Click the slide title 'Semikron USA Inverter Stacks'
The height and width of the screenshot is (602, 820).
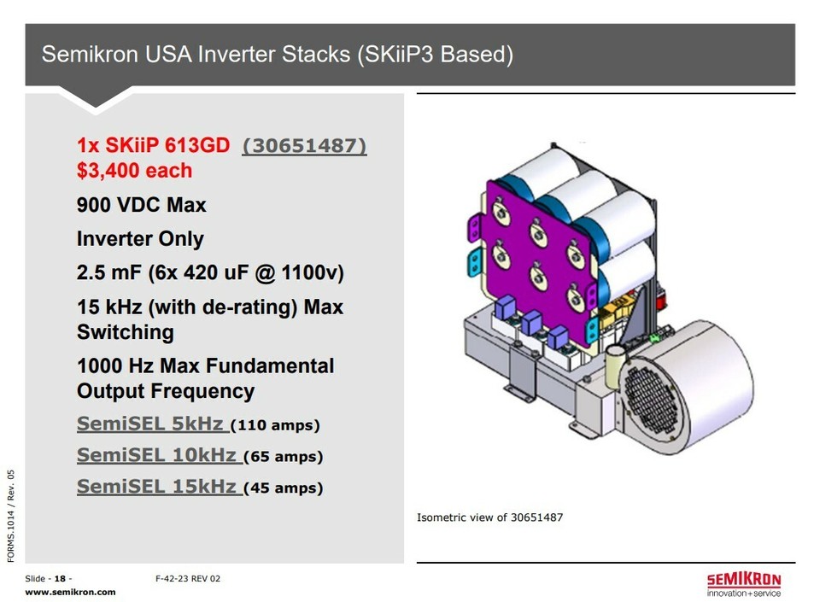tap(196, 55)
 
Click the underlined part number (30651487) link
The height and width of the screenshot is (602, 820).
tap(304, 146)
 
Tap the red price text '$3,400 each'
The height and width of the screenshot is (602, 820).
tap(134, 171)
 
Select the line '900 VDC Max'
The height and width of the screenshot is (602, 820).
tap(141, 205)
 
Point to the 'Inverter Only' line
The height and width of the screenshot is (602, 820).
tap(140, 239)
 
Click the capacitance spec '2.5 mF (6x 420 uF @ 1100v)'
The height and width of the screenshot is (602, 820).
tap(210, 272)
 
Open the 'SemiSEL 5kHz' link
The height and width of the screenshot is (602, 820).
tap(152, 424)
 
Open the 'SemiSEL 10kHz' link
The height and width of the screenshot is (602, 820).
tap(159, 455)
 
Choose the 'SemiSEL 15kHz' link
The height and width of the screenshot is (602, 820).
tap(159, 487)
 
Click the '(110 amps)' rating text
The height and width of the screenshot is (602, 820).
tap(275, 425)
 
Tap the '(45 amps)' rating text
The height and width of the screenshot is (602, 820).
tap(284, 488)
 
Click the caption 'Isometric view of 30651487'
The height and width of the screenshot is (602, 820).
tap(489, 517)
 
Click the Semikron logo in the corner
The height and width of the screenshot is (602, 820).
tap(744, 585)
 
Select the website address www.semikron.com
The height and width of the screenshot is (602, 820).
tap(70, 592)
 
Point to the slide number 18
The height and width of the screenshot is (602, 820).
tap(60, 578)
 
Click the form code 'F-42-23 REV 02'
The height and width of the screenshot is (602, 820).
tap(188, 578)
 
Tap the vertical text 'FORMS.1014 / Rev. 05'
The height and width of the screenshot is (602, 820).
tap(11, 516)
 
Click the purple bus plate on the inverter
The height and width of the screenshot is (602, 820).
tap(539, 260)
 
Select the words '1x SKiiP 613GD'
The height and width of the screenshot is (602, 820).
tap(153, 146)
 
